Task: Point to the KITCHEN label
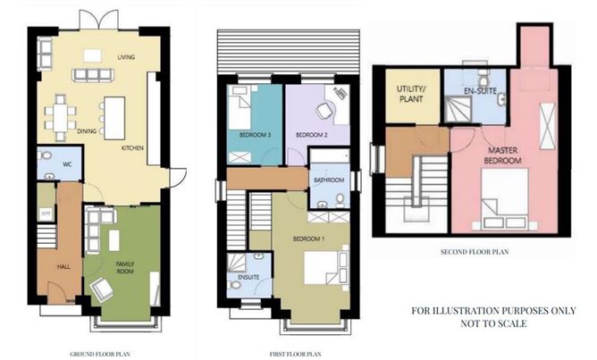point(133,147)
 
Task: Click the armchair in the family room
point(100,289)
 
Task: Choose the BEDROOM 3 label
point(255,135)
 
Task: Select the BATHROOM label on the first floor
point(330,178)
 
